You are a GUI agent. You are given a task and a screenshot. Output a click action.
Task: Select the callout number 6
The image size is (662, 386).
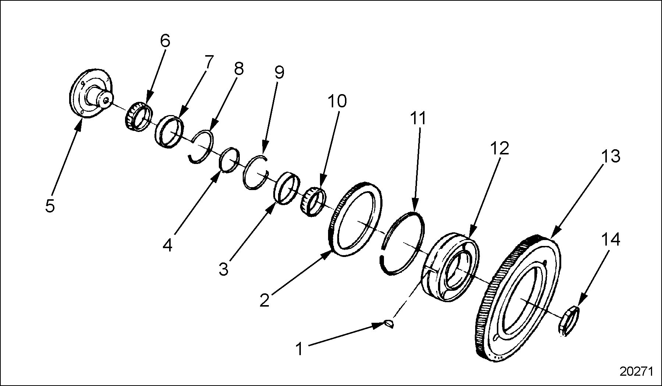(165, 41)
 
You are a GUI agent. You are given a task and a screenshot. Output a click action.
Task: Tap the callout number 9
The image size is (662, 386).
(279, 72)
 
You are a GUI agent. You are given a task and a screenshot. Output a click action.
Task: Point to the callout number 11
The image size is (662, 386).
(418, 119)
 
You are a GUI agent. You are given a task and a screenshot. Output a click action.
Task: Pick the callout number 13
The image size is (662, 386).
(611, 156)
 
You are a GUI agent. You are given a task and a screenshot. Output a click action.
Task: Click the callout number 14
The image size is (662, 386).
(611, 240)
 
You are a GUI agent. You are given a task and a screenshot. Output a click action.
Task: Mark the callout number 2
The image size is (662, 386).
(264, 300)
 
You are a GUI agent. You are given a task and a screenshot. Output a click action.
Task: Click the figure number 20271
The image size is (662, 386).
(636, 372)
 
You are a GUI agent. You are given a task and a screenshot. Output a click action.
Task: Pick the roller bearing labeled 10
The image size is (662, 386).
(314, 201)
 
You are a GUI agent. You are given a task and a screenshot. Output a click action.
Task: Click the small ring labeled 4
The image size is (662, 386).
(230, 159)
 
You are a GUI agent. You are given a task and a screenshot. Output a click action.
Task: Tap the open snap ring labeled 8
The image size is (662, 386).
(201, 147)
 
